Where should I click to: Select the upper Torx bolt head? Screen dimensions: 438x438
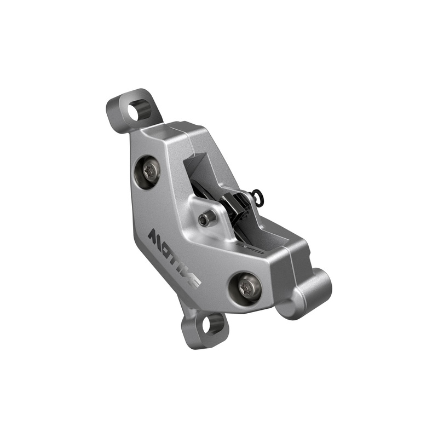(148, 171)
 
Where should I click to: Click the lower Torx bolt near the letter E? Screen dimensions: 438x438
(246, 287)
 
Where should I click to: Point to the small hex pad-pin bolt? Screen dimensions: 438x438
(205, 220)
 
